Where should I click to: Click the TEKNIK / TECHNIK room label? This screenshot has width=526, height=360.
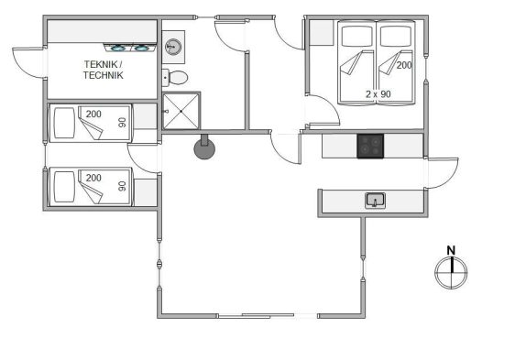coord(103,70)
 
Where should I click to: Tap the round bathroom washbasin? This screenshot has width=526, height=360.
coord(173,47)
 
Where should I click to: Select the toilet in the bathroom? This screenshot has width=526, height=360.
coord(175,78)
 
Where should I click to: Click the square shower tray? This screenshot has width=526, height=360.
coord(181,111)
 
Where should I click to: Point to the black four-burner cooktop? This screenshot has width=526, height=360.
coord(370,146)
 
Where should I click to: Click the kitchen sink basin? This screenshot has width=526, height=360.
coord(375,201)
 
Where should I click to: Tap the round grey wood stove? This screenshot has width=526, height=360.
coord(204,148)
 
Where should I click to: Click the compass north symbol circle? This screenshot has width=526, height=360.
coord(451,272)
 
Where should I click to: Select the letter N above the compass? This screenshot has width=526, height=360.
coord(451,250)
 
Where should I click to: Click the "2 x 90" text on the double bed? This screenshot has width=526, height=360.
coord(378,94)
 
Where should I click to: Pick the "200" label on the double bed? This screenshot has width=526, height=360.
coord(404,65)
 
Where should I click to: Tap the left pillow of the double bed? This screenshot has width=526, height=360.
coord(357,36)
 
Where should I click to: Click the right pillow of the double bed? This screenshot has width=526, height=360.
coord(396,36)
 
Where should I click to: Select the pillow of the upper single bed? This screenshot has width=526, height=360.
coord(64,123)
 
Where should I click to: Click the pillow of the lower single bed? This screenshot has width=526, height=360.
coord(64,187)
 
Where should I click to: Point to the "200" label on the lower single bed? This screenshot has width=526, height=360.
coord(93,178)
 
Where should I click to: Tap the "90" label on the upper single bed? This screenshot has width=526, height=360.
coord(123,123)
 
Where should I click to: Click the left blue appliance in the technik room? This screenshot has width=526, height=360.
coord(118,49)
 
